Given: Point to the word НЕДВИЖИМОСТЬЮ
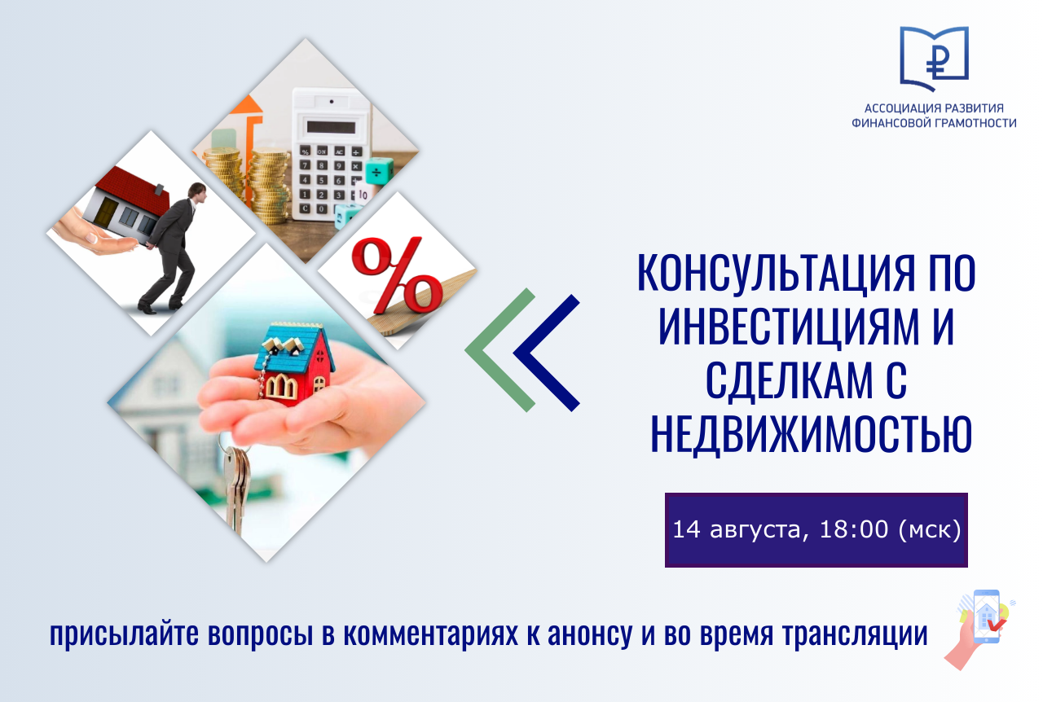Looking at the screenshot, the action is [811, 433].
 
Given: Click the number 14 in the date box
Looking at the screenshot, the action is [686, 530].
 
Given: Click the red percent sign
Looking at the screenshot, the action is [397, 275].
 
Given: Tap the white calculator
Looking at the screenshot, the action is [332, 154].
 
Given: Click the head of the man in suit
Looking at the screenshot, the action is [198, 192].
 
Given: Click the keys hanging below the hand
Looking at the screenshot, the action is [237, 486].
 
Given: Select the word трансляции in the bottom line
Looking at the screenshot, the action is [856, 635].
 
